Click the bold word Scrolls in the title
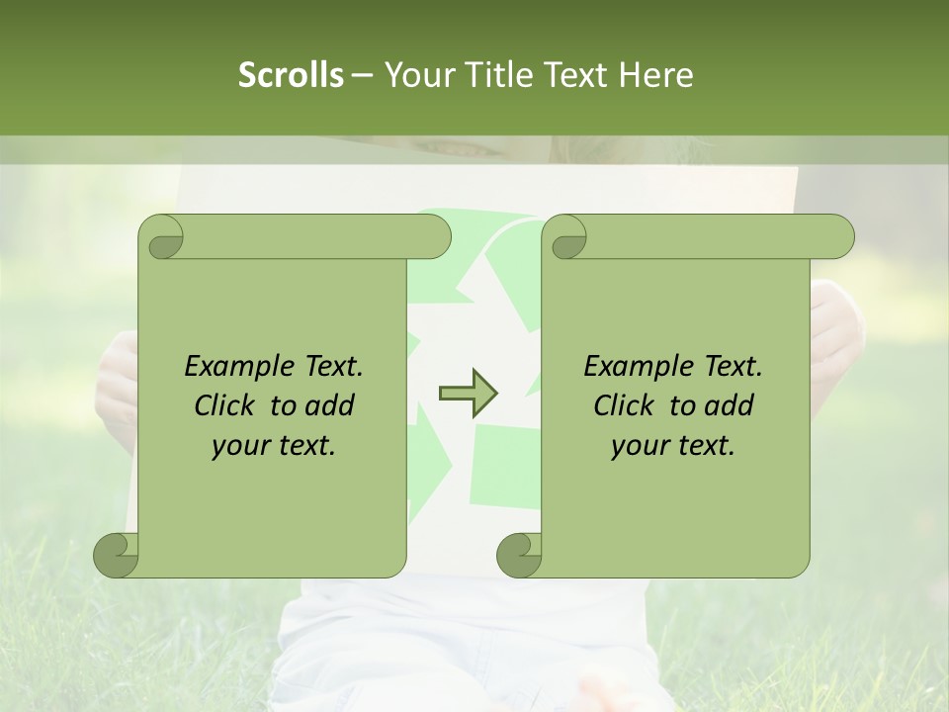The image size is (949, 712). point(291,75)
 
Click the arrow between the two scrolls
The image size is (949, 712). point(469,394)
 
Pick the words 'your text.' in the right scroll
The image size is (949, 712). point(673,446)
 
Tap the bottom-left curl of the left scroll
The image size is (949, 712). point(117,554)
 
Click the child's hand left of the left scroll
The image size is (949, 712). point(117,386)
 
